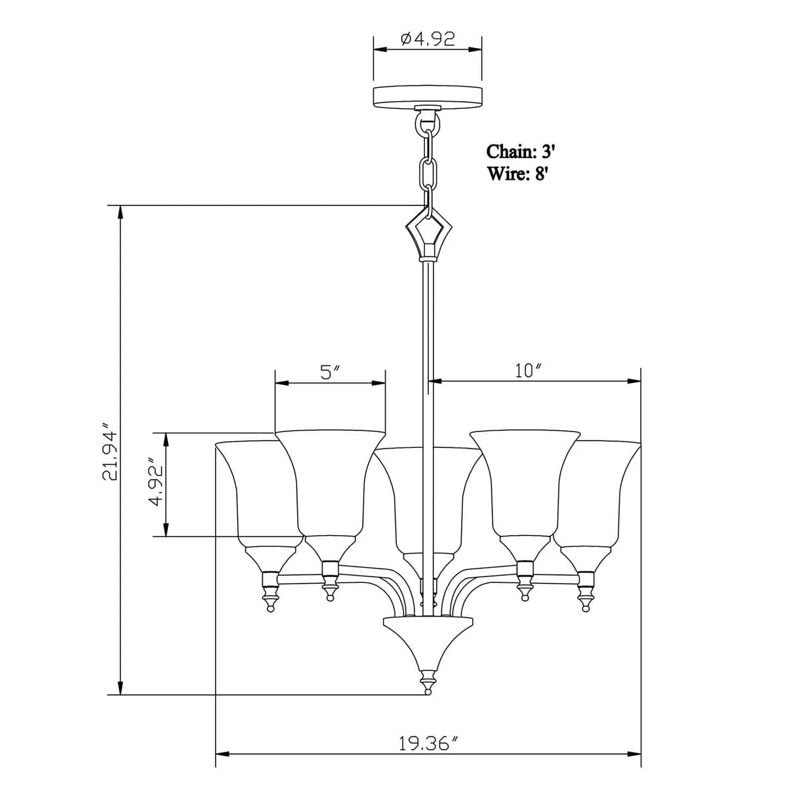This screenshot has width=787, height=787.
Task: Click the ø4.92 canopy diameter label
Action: coord(428,40)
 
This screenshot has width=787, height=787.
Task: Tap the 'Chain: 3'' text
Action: coord(521,151)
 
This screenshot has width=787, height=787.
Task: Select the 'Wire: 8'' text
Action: coord(517,174)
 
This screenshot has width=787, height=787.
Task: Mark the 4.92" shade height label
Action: coord(155,485)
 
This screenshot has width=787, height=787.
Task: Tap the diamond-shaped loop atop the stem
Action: coord(429,232)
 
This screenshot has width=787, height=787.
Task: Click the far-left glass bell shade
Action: coord(256,492)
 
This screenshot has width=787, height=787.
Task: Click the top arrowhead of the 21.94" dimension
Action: coord(120,214)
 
